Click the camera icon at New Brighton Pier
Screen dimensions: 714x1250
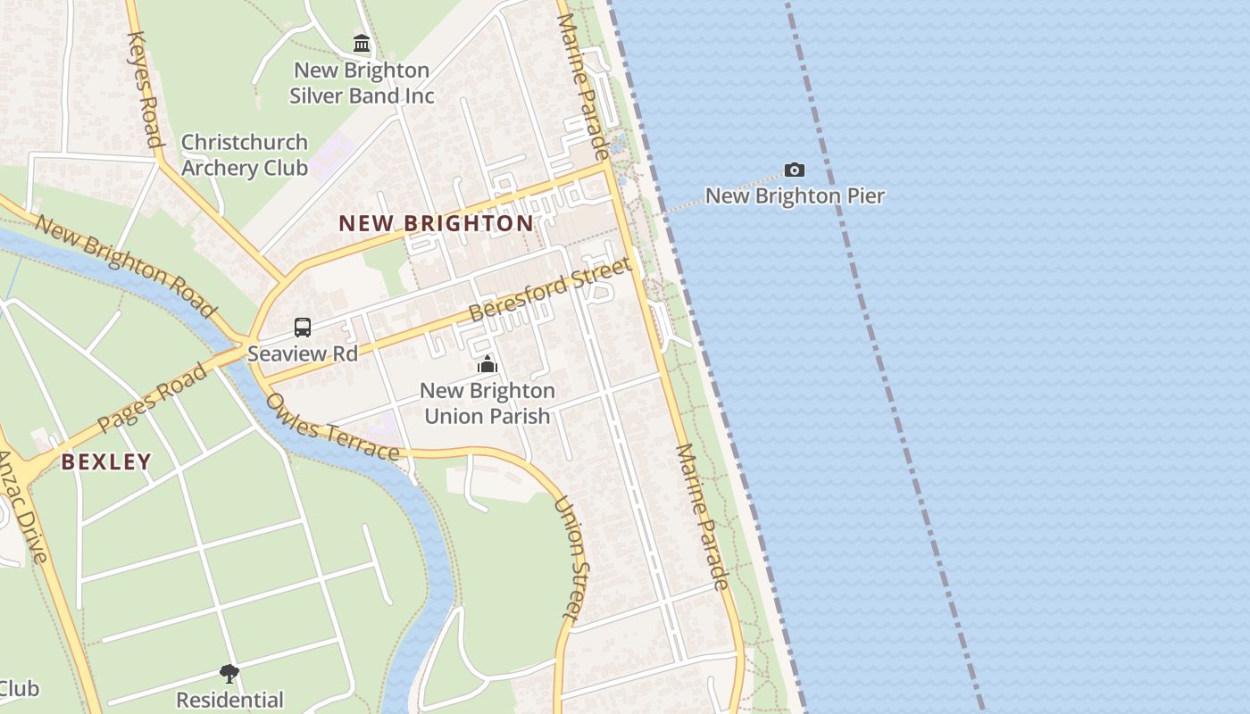click(x=794, y=170)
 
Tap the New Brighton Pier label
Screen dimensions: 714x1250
click(x=795, y=195)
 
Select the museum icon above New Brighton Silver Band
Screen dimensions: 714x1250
click(x=362, y=43)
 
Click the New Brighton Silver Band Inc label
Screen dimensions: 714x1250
click(x=362, y=83)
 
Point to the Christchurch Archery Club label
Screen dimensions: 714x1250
click(x=245, y=154)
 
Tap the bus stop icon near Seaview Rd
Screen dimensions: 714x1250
click(x=303, y=328)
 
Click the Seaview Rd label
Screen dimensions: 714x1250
click(x=303, y=353)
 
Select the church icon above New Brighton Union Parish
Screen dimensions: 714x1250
click(x=487, y=364)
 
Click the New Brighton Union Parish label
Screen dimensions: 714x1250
click(x=487, y=403)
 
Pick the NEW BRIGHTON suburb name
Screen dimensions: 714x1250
click(x=436, y=223)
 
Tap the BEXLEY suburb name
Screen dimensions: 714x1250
click(x=106, y=461)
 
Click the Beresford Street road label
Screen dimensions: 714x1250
click(x=551, y=289)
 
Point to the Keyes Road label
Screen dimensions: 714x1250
click(x=145, y=88)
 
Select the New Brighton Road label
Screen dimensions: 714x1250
click(x=126, y=265)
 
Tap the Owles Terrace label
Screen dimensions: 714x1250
click(x=331, y=427)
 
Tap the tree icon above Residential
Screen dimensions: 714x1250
click(x=229, y=673)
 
